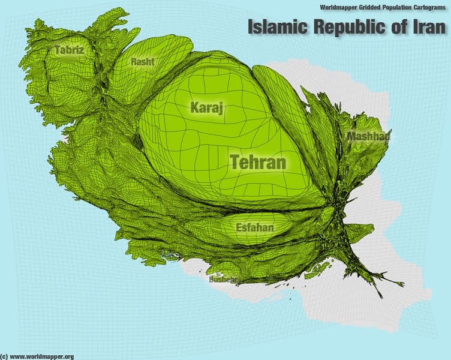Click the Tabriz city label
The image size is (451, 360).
click(69, 50)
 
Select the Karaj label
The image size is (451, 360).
click(206, 108)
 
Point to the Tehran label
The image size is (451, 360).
click(258, 162)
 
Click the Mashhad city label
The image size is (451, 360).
click(368, 137)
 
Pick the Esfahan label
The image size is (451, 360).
click(254, 228)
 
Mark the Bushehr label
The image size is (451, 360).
click(223, 279)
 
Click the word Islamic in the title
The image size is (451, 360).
click(276, 26)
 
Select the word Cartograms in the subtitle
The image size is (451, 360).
click(433, 8)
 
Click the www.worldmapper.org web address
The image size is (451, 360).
click(42, 356)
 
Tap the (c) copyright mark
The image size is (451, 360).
click(4, 356)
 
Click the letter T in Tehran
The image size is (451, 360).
click(236, 162)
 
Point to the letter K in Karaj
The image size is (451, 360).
click(195, 108)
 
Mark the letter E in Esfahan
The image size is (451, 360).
click(239, 228)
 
